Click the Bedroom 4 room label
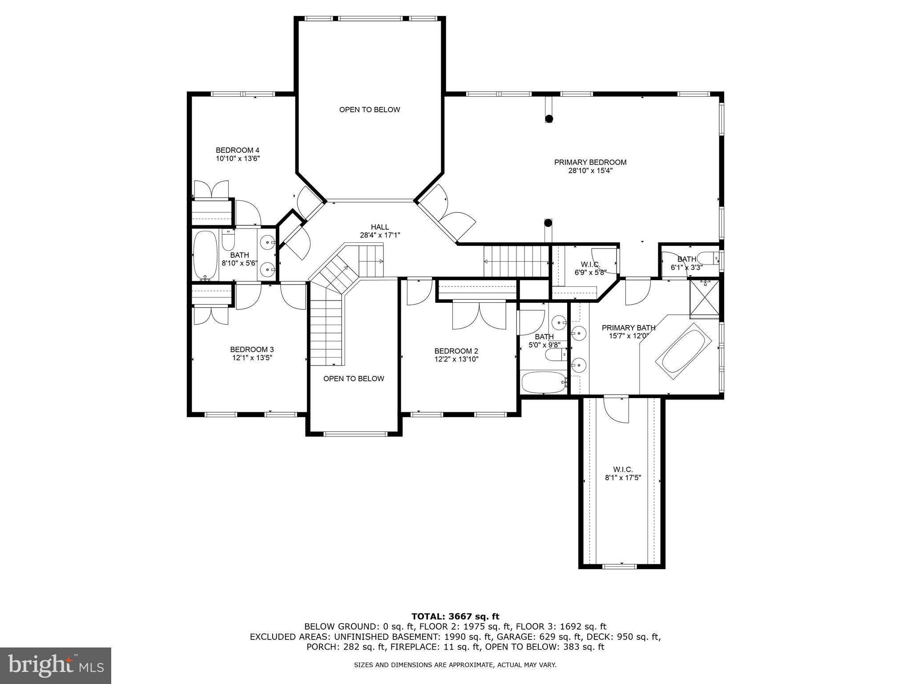238,150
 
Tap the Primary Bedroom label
590,163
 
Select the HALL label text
380,227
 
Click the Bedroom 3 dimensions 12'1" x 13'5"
252,358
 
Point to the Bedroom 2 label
456,351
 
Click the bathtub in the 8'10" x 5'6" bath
206,255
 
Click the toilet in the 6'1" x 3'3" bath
707,258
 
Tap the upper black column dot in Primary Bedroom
549,118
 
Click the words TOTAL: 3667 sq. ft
455,616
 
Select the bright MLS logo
56,665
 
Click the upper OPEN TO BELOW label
370,110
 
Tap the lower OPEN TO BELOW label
354,379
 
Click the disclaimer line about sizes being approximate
455,665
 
